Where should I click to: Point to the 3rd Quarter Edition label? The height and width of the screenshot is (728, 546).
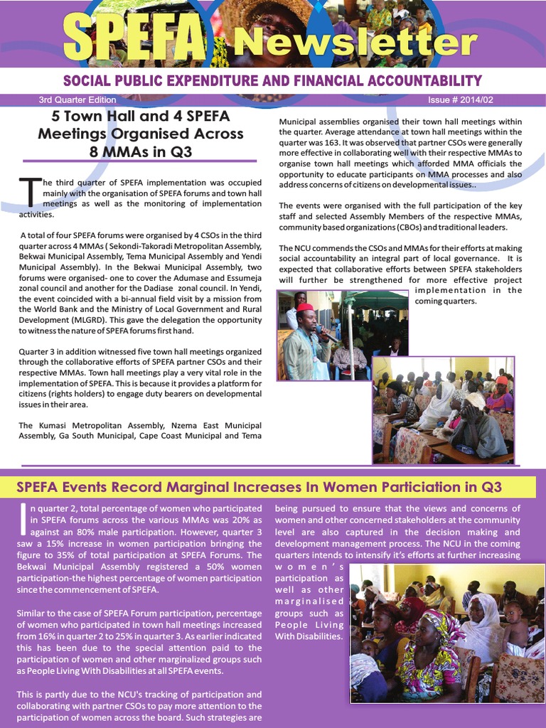pos(77,100)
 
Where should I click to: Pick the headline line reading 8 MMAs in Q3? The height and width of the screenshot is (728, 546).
pos(141,151)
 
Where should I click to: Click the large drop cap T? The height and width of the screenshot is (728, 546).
pos(30,192)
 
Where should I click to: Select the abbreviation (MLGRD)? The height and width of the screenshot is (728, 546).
pos(109,320)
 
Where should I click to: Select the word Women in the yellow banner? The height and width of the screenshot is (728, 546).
pos(341,487)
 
